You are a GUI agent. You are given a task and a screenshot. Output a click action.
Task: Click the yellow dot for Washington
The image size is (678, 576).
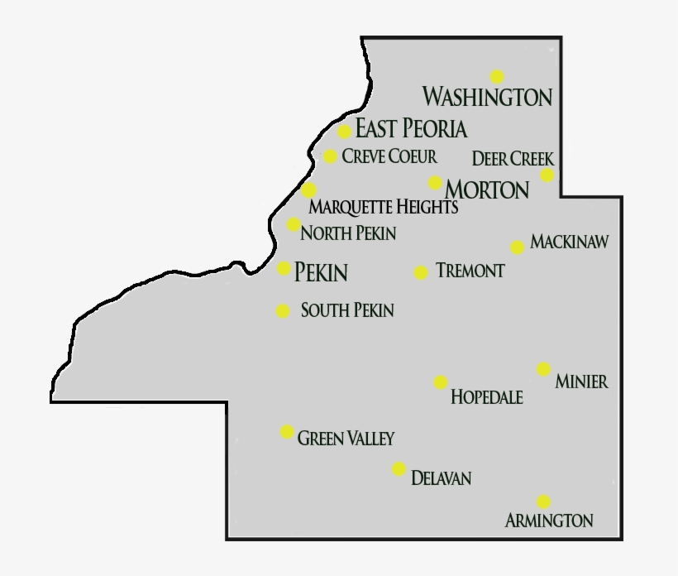coord(496,77)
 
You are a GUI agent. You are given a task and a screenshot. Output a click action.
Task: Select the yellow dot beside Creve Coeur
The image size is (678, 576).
coord(330,156)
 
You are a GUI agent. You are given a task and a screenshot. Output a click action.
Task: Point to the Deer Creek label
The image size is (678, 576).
coord(512,158)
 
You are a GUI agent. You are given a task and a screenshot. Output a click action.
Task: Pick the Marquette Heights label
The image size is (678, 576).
coord(383,207)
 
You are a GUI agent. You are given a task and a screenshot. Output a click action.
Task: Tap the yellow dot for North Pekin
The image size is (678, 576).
coord(294,224)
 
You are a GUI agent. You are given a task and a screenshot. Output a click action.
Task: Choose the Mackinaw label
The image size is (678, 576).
coord(569,242)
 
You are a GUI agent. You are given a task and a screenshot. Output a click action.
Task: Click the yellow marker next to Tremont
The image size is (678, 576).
coord(421,272)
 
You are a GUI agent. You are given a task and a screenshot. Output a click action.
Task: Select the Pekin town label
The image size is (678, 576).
coord(321,272)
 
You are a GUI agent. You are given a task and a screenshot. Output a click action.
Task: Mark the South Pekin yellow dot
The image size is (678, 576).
coord(283,311)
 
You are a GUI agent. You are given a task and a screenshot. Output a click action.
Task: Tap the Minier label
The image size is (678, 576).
coord(582,382)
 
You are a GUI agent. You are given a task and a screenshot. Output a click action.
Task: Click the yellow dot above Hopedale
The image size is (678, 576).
coord(440,382)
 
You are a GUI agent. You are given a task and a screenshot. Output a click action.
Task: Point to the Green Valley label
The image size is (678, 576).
coord(346,438)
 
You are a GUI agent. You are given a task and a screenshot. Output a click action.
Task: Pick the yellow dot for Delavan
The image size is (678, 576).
coord(399,469)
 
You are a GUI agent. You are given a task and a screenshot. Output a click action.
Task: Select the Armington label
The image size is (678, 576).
coord(549,521)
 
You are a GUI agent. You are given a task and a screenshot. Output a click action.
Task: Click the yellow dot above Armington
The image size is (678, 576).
coord(543,502)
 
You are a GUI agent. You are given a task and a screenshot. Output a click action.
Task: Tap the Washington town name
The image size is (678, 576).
coord(487,97)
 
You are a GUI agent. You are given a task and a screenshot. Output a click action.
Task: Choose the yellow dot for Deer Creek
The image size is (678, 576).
coord(547,175)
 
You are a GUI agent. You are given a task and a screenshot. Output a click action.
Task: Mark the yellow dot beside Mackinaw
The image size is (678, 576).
coord(517,247)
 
